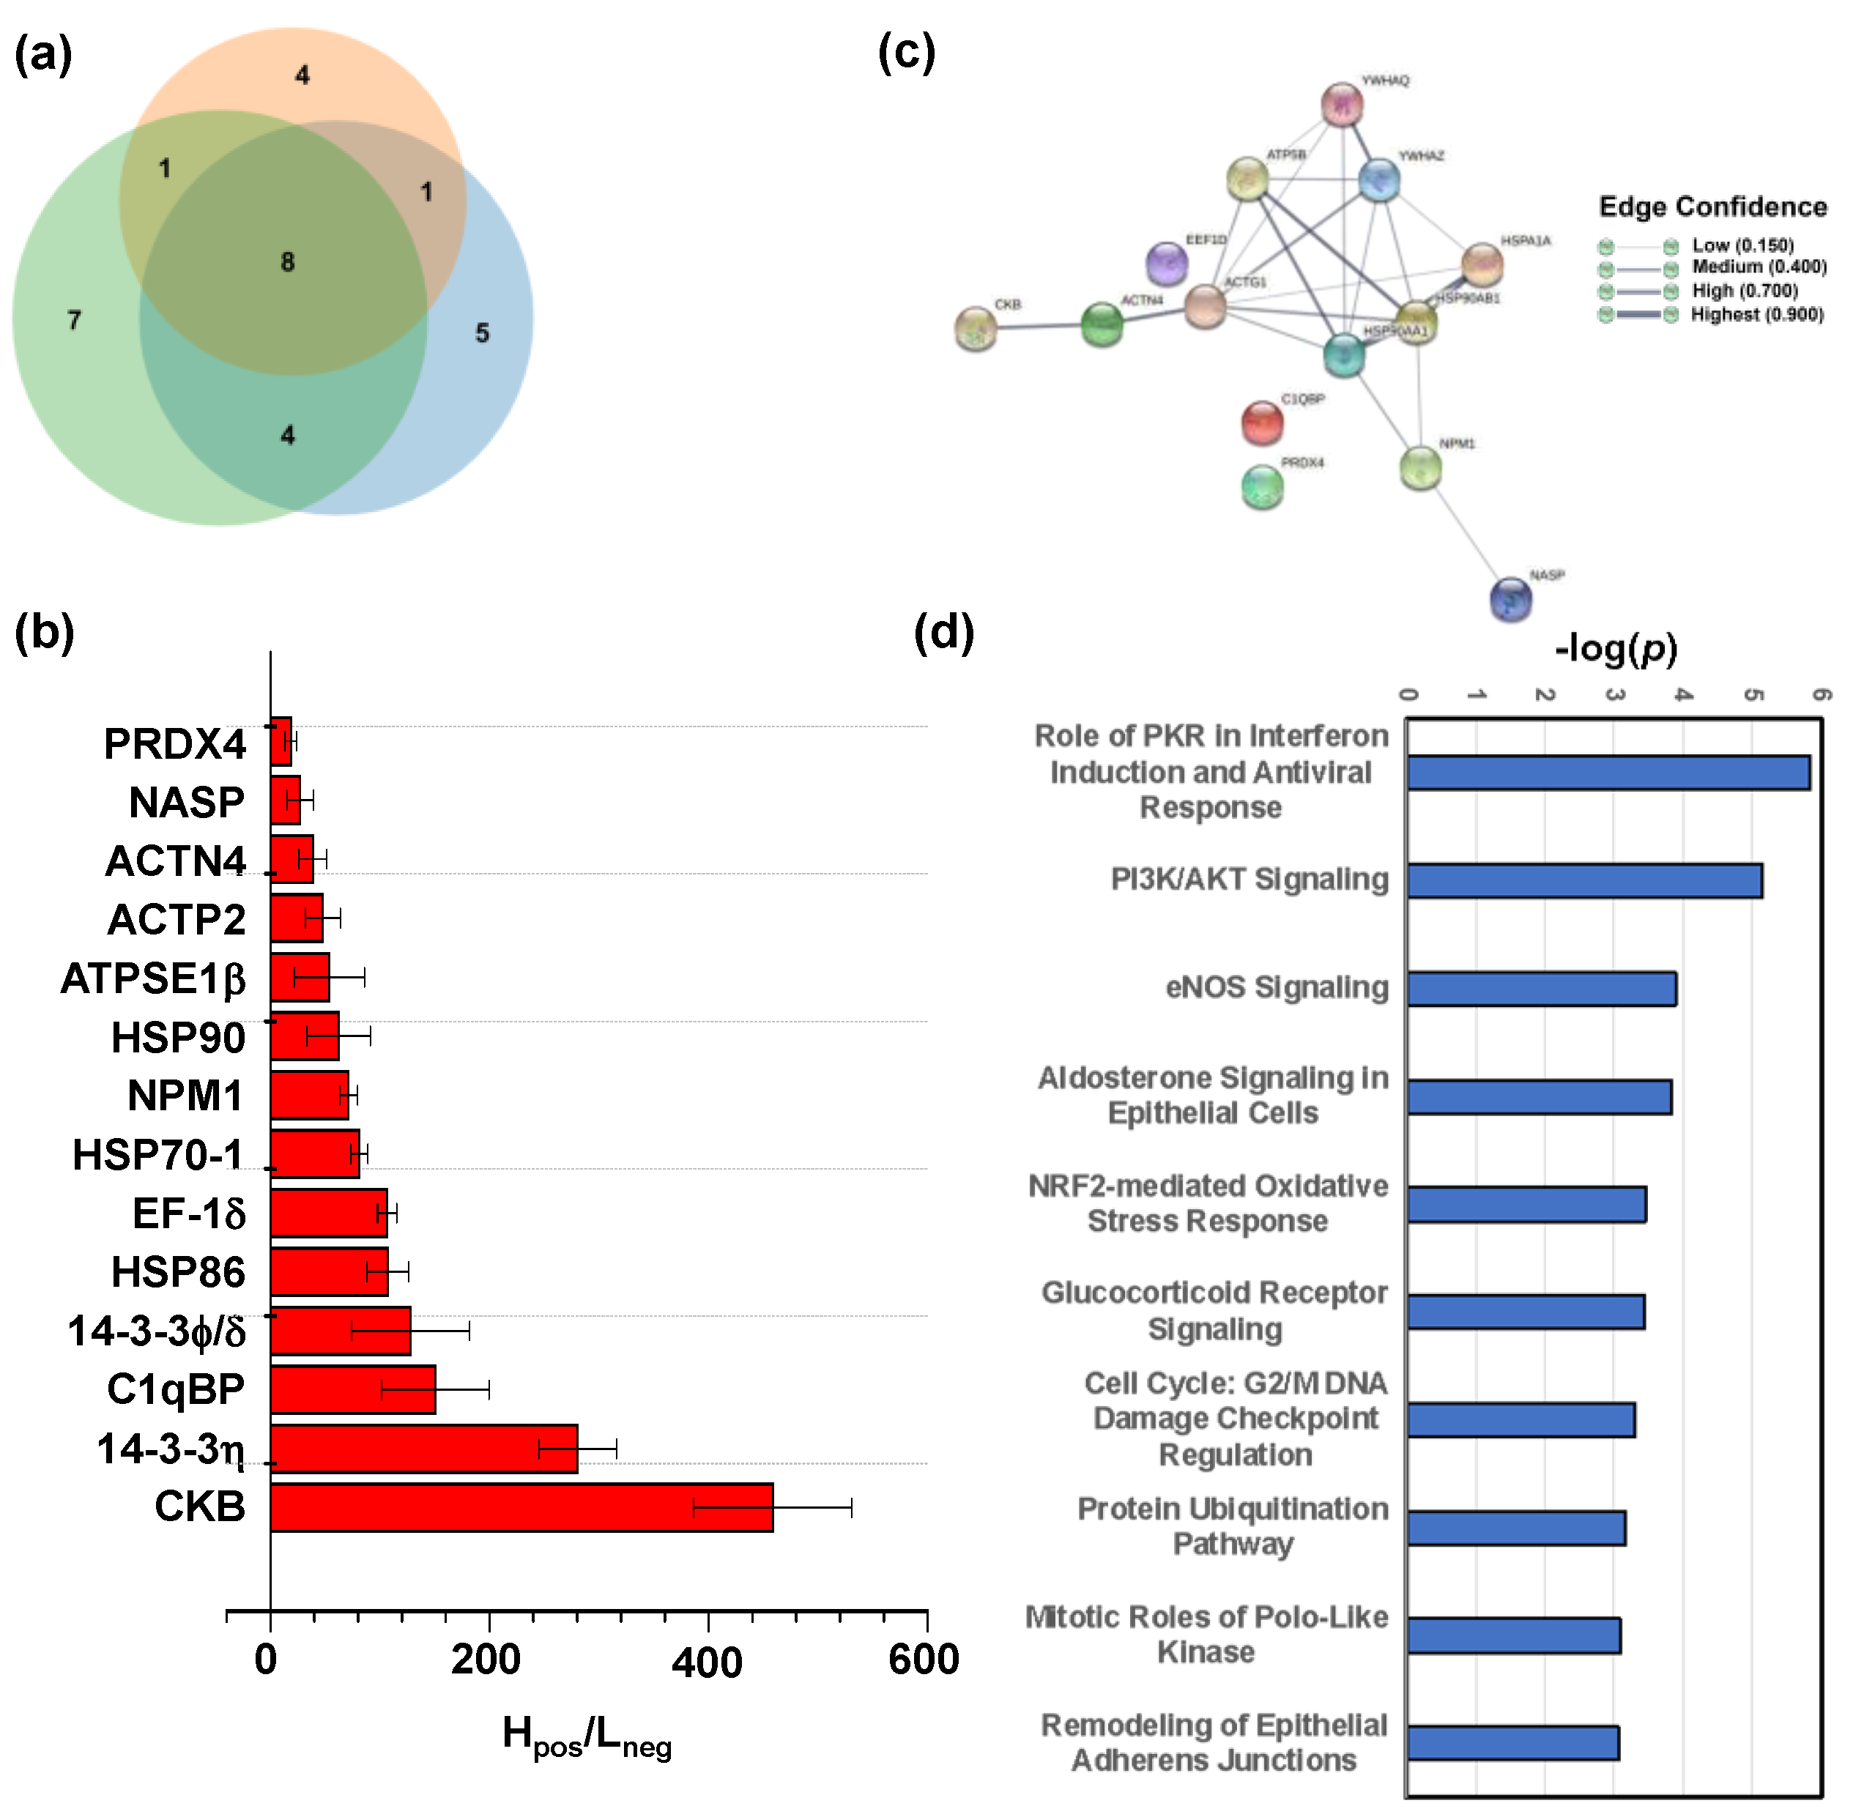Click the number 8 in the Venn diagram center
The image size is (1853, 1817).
[x=287, y=261]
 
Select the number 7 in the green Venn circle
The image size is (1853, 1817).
[x=75, y=320]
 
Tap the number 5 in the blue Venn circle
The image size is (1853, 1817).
[x=482, y=333]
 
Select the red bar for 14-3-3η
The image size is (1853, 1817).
[x=423, y=1449]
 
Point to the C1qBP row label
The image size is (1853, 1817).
[x=176, y=1389]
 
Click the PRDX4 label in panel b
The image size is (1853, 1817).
[x=174, y=744]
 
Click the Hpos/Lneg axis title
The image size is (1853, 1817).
[x=587, y=1737]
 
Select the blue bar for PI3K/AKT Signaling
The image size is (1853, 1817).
[x=1584, y=880]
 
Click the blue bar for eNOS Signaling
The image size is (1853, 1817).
[x=1541, y=989]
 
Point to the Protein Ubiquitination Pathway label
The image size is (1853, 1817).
[x=1233, y=1526]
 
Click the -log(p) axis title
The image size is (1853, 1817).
[x=1616, y=649]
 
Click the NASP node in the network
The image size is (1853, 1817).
[x=1510, y=599]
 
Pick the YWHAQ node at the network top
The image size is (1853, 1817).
[x=1342, y=105]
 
